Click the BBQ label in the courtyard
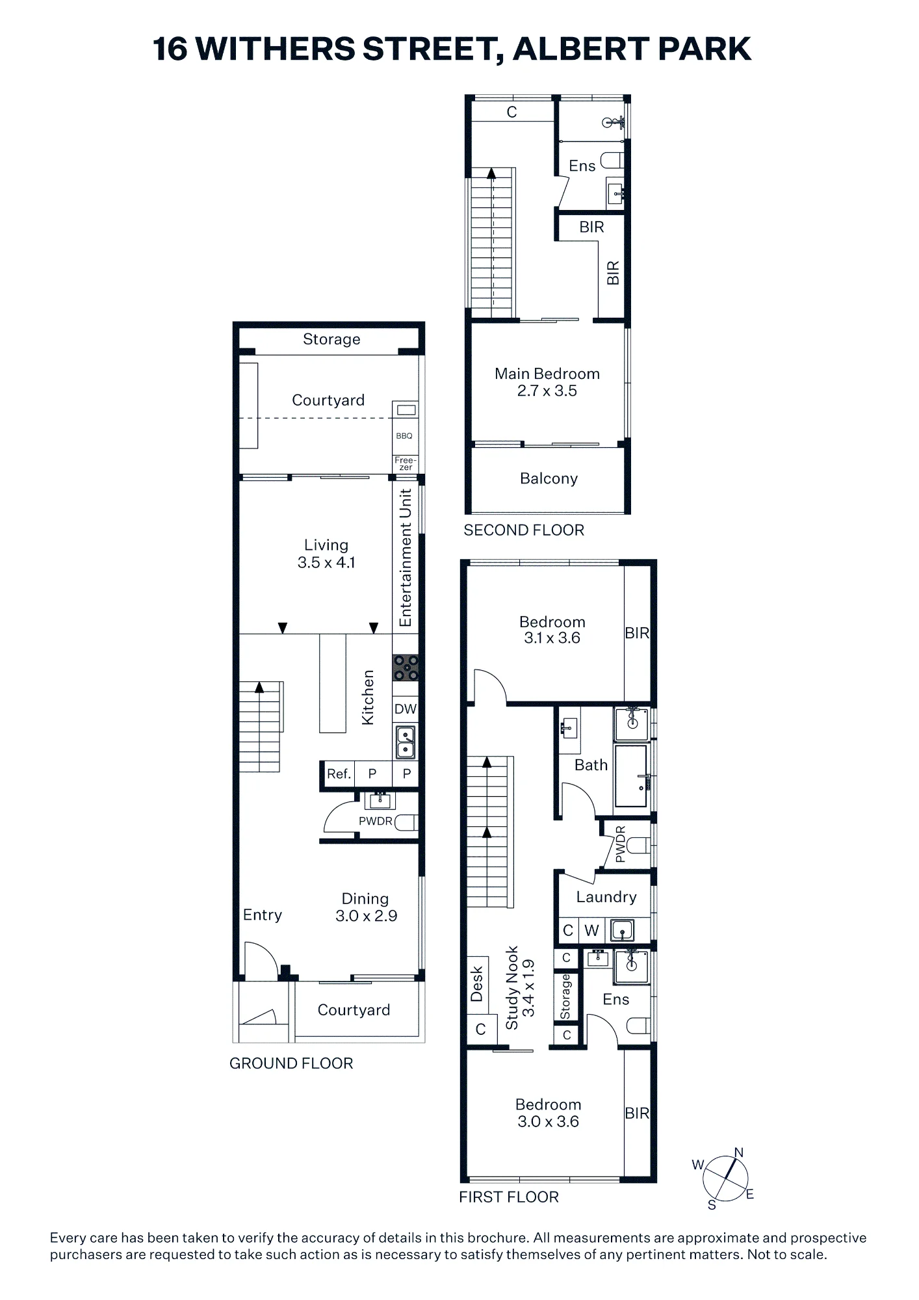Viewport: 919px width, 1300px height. click(x=404, y=435)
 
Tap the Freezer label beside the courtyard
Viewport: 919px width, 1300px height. click(x=406, y=463)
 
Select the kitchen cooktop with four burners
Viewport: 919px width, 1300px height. click(x=406, y=667)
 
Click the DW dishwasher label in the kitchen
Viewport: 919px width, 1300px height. click(x=406, y=709)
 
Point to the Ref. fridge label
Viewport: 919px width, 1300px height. click(x=339, y=773)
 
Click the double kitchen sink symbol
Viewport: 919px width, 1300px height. click(x=406, y=742)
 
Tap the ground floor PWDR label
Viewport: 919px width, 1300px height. click(x=376, y=821)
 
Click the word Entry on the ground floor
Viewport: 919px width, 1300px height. click(x=263, y=915)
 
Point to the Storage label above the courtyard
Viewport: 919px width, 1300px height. click(x=331, y=339)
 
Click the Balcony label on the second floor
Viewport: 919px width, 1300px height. click(x=549, y=478)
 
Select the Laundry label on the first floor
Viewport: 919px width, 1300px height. click(x=606, y=897)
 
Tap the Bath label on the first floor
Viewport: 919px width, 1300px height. click(x=591, y=765)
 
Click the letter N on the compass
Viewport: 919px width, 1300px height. click(x=738, y=1152)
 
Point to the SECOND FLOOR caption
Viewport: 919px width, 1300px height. click(x=524, y=530)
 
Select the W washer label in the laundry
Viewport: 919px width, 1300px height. click(x=591, y=930)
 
